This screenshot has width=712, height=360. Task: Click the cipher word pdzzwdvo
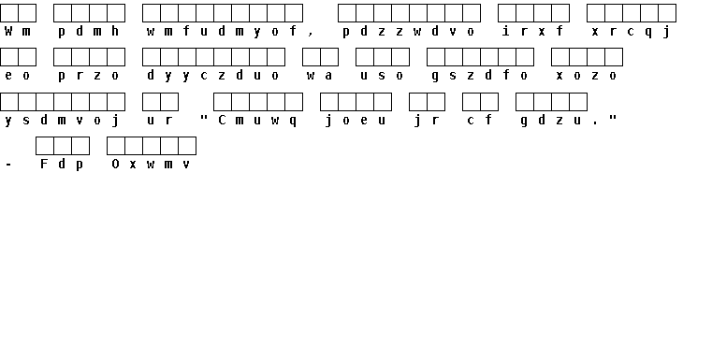(x=409, y=32)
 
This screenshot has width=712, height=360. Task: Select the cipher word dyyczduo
(x=213, y=76)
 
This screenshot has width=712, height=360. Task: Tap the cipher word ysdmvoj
(x=62, y=121)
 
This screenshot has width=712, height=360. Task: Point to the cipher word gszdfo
(x=480, y=76)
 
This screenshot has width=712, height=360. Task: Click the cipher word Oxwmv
(x=152, y=164)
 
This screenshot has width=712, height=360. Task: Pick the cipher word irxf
(x=533, y=31)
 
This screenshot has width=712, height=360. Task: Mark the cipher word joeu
(x=356, y=121)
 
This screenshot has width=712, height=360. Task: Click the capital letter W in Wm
(x=8, y=31)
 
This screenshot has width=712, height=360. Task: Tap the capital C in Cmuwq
(x=222, y=120)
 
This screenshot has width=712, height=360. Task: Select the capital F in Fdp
(x=44, y=164)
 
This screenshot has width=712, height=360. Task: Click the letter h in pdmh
(x=115, y=31)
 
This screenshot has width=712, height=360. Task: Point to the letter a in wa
(x=328, y=76)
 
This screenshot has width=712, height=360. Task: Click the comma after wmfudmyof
(x=311, y=34)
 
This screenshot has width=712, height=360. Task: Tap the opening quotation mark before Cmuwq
(x=204, y=117)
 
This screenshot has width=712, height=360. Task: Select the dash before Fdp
(x=8, y=165)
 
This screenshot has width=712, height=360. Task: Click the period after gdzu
(x=595, y=123)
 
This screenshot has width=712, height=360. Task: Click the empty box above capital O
(x=116, y=146)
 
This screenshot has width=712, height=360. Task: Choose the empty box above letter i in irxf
(x=507, y=13)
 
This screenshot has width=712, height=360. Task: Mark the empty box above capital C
(x=223, y=102)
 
